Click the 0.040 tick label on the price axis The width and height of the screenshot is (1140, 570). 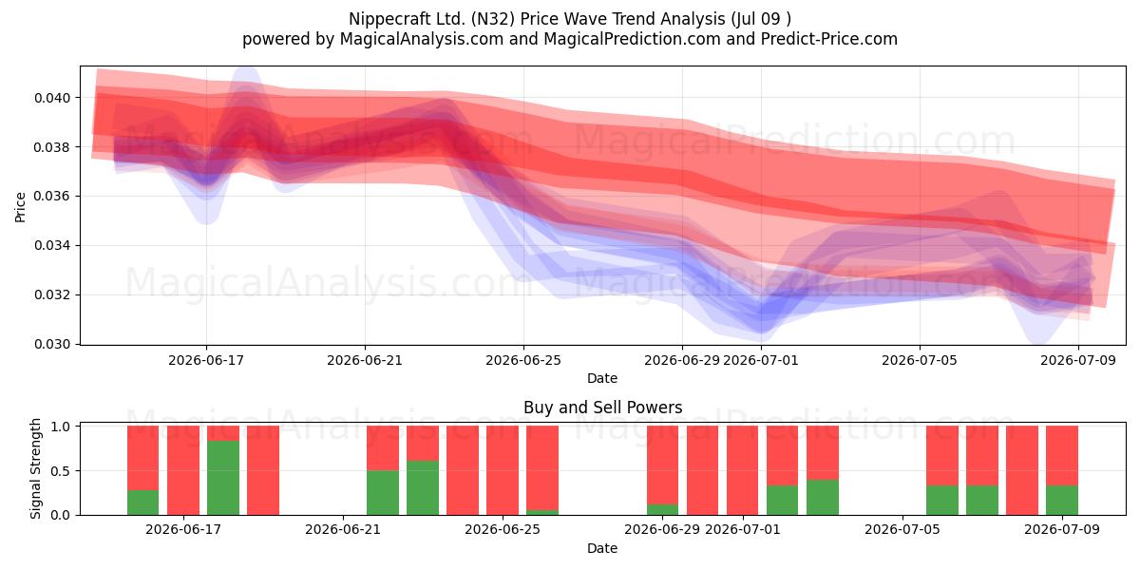(x=52, y=98)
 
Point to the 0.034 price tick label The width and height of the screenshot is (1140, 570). (x=52, y=246)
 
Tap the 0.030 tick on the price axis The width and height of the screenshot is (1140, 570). (x=52, y=345)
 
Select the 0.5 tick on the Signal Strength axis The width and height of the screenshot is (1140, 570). (x=61, y=471)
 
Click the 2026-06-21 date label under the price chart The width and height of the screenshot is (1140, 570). (x=365, y=360)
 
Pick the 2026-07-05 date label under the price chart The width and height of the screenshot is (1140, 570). (x=920, y=360)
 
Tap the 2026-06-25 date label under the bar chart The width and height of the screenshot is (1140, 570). (x=503, y=529)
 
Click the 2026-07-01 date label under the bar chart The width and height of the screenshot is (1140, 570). (x=743, y=529)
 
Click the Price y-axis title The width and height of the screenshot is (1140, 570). (x=20, y=207)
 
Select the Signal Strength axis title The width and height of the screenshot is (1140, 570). (x=35, y=468)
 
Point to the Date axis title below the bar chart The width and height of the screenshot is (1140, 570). (x=602, y=548)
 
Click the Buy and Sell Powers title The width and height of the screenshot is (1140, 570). (x=602, y=408)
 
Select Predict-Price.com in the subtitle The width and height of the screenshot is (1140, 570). (x=829, y=39)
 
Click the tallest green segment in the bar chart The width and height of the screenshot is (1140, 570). (x=223, y=478)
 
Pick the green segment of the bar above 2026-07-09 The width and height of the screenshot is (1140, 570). (x=1062, y=501)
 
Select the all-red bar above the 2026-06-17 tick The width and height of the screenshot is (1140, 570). (x=183, y=470)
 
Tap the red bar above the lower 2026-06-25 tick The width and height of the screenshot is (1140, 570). (x=503, y=470)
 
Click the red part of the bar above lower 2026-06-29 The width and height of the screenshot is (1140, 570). (x=662, y=465)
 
